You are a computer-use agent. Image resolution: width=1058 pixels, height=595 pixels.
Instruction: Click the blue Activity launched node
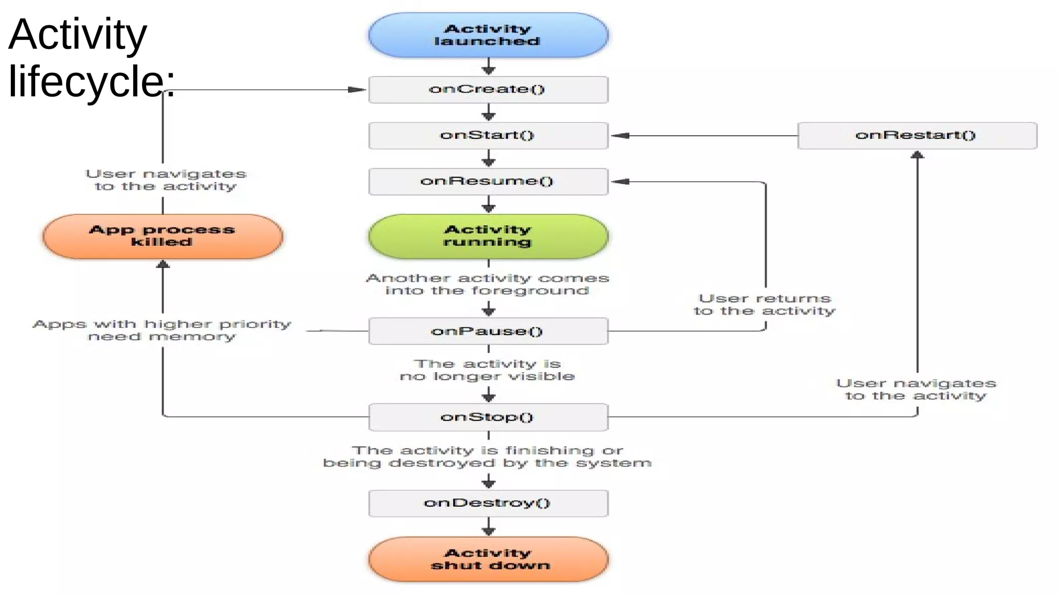pos(488,35)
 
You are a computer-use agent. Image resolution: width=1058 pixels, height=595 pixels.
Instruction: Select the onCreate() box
pos(488,89)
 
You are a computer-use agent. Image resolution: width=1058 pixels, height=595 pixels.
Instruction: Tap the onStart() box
pos(488,135)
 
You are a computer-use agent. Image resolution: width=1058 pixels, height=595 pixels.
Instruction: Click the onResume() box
pos(488,181)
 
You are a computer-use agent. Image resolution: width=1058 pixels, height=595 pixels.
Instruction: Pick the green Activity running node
pos(488,236)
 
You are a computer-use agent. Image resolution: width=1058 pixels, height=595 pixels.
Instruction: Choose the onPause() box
pos(488,331)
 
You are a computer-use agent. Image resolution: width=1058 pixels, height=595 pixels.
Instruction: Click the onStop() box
pos(488,417)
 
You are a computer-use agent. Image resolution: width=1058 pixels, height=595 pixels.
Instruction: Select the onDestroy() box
pos(488,503)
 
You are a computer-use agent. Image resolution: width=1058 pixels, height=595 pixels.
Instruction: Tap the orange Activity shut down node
pos(488,559)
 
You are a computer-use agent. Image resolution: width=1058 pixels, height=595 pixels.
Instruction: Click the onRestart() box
pos(917,135)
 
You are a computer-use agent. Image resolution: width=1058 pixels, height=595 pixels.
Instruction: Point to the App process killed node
pos(163,236)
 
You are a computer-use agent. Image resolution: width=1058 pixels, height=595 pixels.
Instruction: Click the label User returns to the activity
pos(765,305)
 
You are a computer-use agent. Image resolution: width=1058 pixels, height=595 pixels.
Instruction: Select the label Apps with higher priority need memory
pos(162,330)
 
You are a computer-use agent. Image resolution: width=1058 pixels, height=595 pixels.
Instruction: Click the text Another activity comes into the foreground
pos(487,284)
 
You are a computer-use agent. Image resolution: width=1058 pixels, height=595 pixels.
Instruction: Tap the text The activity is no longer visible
pos(487,370)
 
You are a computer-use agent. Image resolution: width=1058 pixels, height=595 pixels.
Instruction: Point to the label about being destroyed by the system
pos(487,457)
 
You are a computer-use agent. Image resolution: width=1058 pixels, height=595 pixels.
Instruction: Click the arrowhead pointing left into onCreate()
pos(357,89)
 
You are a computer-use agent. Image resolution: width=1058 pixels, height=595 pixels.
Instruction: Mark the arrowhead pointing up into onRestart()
pos(917,154)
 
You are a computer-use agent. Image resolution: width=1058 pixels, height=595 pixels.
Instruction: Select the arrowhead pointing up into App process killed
pos(163,264)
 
